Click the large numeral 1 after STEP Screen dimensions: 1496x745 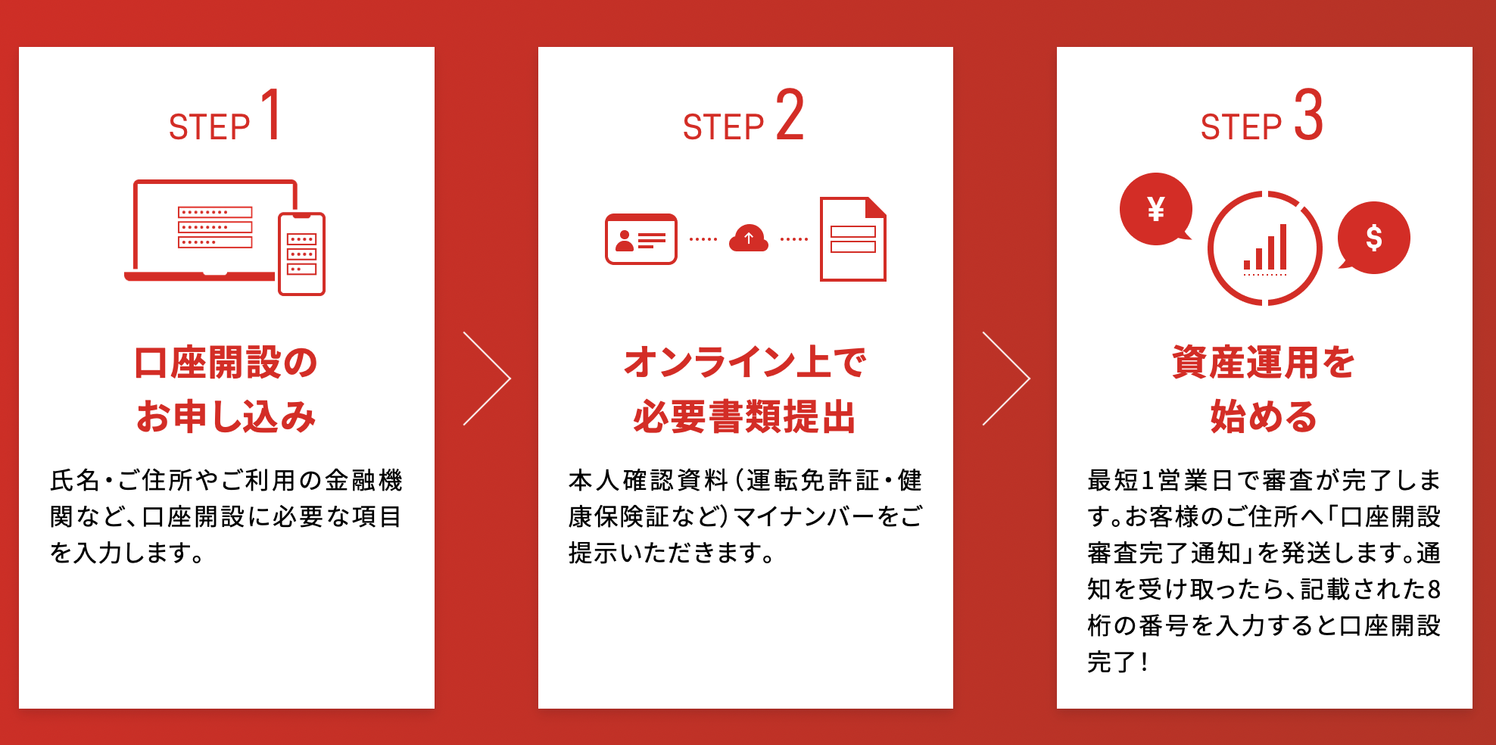[271, 115]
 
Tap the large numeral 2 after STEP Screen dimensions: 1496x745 [790, 115]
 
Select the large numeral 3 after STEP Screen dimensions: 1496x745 [1308, 115]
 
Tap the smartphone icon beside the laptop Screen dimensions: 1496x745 [301, 254]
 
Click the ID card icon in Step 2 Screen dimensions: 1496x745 [640, 239]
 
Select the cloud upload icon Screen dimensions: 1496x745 [748, 238]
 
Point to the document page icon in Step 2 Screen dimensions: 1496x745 [853, 239]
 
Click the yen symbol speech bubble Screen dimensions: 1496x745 [1155, 209]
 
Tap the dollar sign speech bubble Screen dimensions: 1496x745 [1373, 238]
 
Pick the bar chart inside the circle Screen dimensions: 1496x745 [1265, 249]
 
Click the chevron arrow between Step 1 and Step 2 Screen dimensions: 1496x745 [487, 379]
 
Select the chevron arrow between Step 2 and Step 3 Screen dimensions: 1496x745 [1005, 379]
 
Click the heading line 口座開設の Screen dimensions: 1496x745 [226, 362]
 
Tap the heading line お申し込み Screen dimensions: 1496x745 [226, 416]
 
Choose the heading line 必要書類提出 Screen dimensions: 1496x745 [745, 416]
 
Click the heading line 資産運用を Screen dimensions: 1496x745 [1264, 362]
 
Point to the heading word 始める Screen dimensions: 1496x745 [1264, 416]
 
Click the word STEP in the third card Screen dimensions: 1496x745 [1241, 127]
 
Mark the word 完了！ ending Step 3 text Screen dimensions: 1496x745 [1118, 662]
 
